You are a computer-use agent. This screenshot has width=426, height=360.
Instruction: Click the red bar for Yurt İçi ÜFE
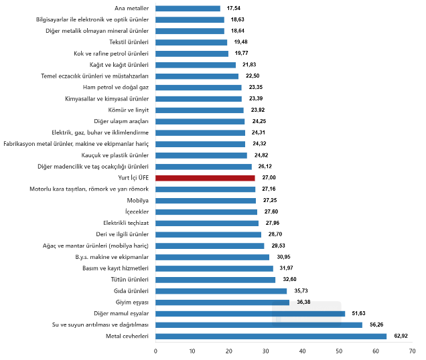click(205, 178)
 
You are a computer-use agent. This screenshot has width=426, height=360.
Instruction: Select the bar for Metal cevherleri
click(271, 336)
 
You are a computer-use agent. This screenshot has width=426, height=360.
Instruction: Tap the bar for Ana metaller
click(188, 9)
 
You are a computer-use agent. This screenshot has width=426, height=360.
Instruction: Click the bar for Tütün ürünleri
click(215, 280)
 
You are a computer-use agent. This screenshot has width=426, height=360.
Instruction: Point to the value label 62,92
click(401, 336)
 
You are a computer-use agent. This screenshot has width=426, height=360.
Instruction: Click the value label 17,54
click(234, 9)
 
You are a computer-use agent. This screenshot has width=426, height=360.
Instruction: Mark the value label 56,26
click(376, 325)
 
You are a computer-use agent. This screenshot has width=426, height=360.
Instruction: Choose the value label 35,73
click(301, 291)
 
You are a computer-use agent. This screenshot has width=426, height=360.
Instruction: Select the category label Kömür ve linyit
click(128, 110)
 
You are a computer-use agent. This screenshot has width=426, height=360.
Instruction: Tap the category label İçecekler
click(135, 212)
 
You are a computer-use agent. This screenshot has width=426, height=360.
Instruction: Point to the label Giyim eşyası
click(131, 302)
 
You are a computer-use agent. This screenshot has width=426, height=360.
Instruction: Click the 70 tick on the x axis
click(413, 351)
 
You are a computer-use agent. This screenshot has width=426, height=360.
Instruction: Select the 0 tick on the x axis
click(155, 351)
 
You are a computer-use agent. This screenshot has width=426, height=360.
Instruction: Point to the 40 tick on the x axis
click(302, 351)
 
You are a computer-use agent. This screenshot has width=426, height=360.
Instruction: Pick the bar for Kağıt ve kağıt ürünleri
click(196, 65)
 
